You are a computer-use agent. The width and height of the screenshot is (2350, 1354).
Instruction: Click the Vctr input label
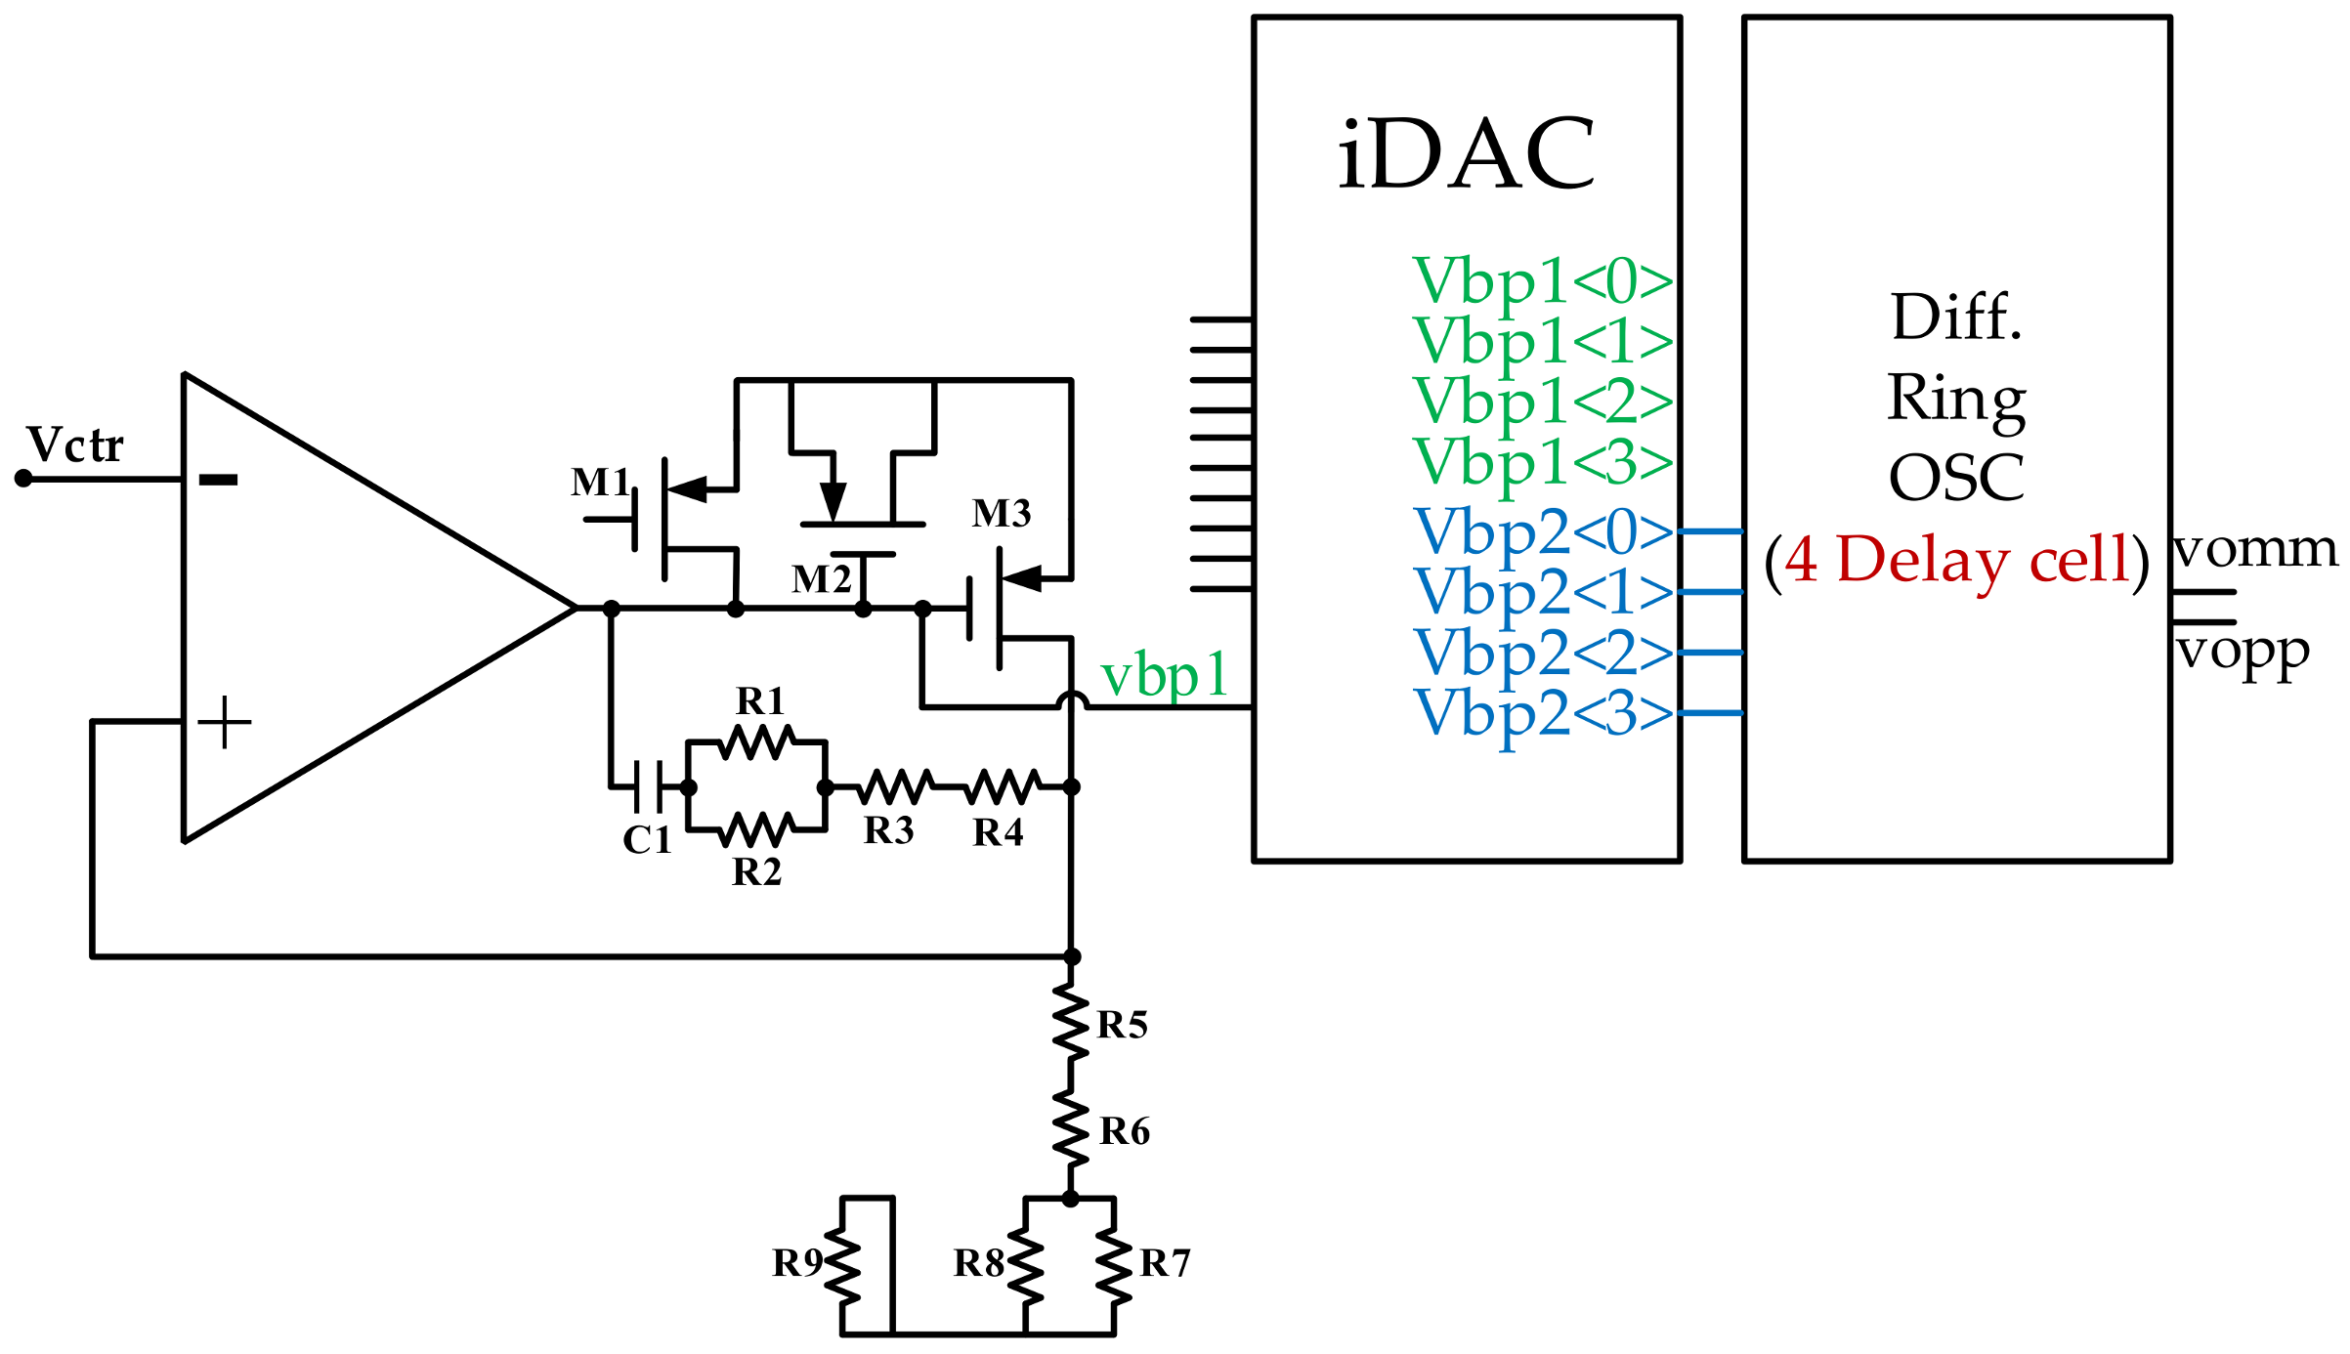[75, 445]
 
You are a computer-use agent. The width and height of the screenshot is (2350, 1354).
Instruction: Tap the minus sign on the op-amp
[218, 479]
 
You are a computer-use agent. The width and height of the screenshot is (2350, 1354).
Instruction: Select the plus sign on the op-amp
[225, 722]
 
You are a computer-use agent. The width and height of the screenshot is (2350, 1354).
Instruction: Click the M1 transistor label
[600, 483]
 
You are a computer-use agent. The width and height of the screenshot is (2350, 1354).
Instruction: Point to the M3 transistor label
[1002, 514]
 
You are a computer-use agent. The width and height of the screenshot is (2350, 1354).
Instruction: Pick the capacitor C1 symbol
[648, 786]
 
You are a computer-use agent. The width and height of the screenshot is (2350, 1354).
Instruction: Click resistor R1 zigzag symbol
[757, 742]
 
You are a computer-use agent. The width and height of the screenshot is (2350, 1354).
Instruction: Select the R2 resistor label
[757, 871]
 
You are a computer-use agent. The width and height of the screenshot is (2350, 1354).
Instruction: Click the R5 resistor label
[1122, 1025]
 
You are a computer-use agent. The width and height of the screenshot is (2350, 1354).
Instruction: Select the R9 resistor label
[797, 1263]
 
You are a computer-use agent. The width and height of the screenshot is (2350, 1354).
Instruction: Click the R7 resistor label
[1165, 1263]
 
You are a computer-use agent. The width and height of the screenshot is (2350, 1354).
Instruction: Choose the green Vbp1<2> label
[1543, 402]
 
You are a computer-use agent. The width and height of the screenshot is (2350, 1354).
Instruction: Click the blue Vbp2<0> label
[1543, 532]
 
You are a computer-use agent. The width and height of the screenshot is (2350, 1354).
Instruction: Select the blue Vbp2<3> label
[1543, 713]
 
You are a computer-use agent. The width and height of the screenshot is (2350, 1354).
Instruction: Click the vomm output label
[2255, 549]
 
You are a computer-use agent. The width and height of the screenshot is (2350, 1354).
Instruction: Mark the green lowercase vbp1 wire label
[1164, 676]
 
